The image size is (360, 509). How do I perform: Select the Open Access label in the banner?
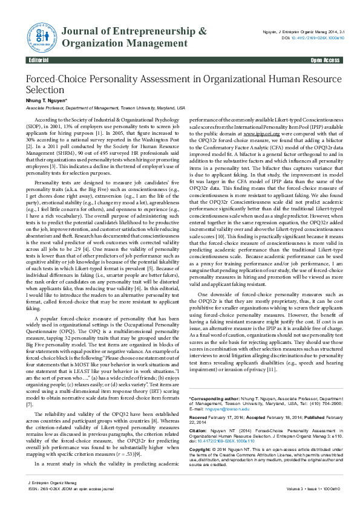[x=325, y=61]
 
